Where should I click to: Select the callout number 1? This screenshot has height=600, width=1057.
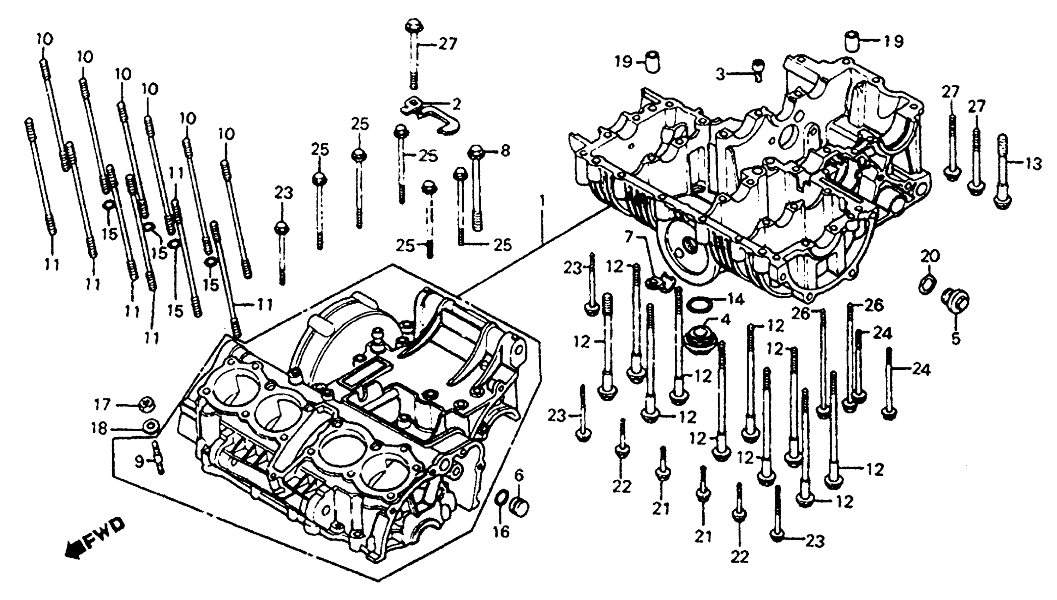543,202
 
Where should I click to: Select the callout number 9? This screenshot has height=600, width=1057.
140,462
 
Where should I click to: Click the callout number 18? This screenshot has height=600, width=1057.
100,428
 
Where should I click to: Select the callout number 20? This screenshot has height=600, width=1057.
931,256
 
